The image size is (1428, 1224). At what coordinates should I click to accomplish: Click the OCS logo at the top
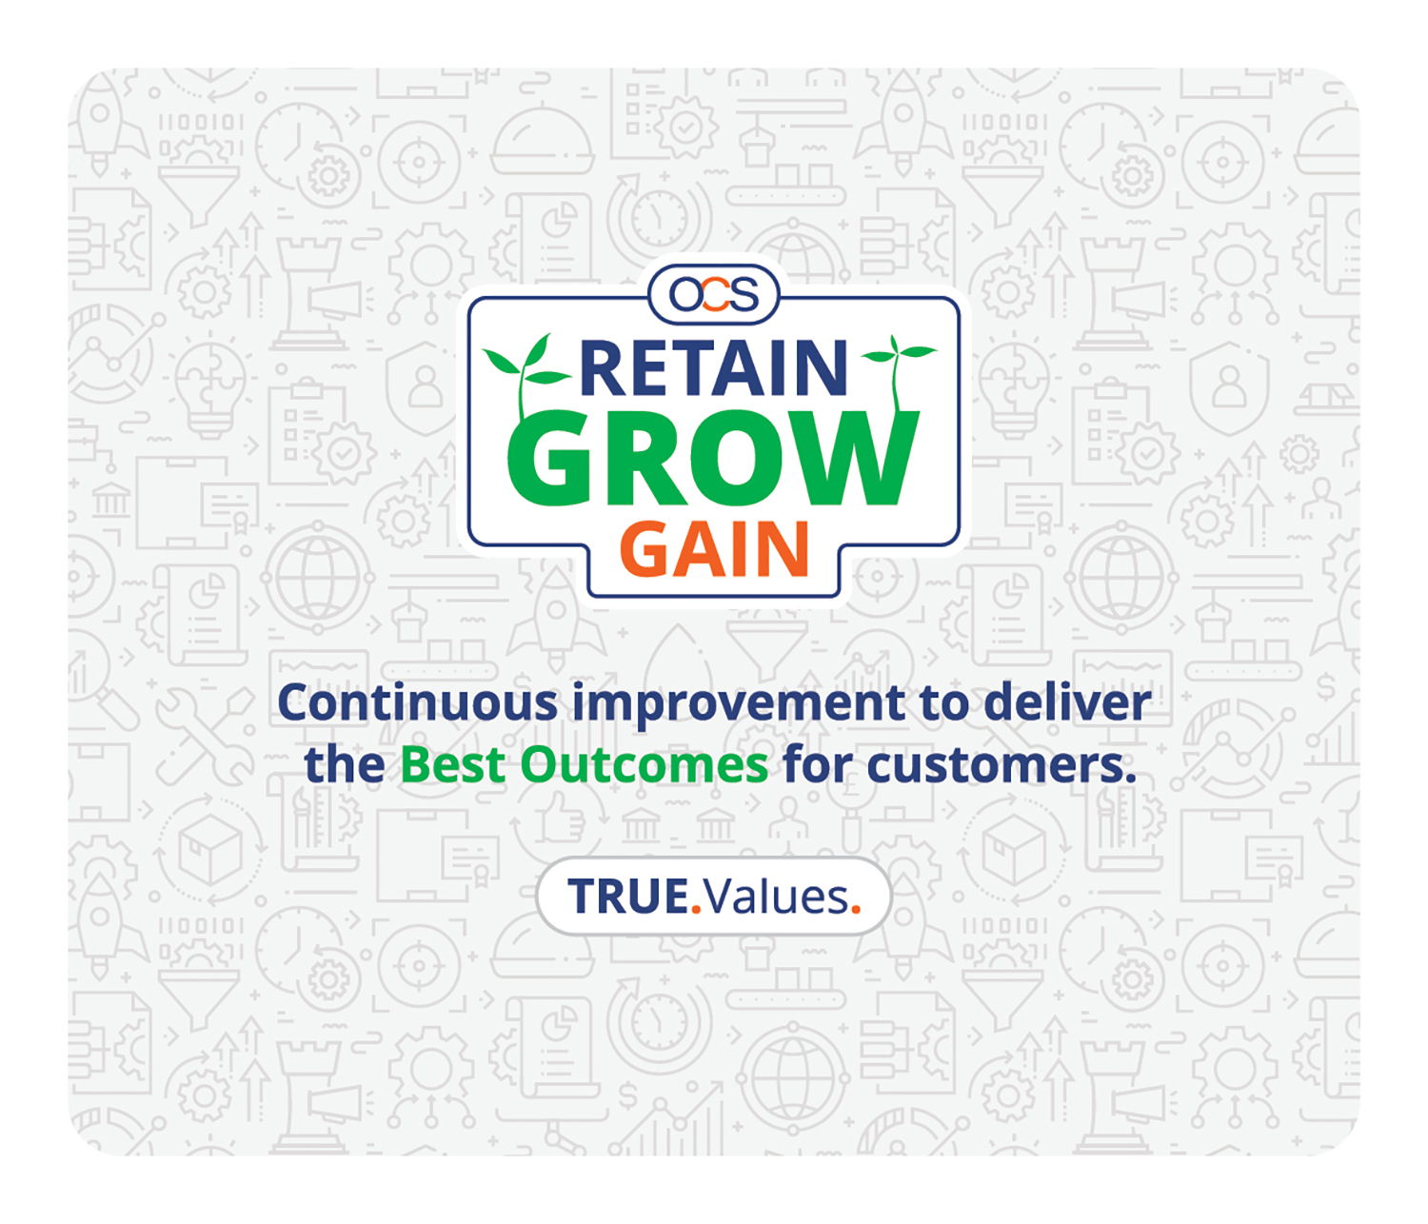714,294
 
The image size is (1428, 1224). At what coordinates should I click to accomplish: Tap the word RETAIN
713,368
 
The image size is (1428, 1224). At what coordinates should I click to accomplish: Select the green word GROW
713,459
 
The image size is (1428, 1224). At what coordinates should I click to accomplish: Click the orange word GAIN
714,549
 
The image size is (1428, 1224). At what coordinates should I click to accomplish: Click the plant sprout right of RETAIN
896,366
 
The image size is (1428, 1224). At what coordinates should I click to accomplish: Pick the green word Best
453,765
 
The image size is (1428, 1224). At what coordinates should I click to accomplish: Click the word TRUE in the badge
627,897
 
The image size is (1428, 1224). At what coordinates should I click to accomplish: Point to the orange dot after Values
856,910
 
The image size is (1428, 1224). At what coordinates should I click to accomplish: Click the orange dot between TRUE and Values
696,910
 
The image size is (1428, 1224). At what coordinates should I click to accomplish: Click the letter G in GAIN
647,549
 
